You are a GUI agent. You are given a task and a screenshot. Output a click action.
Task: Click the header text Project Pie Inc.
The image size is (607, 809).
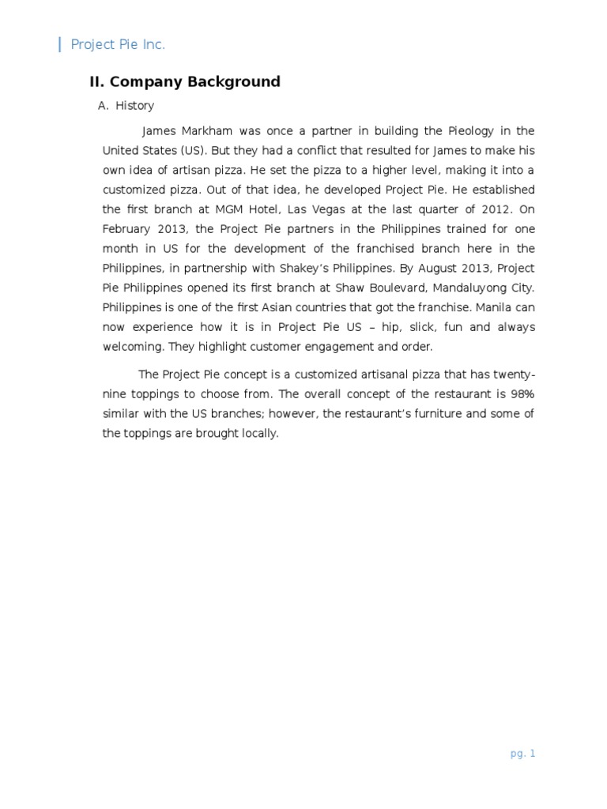point(118,45)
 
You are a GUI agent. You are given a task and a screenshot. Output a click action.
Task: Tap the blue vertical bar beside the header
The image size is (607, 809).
point(60,45)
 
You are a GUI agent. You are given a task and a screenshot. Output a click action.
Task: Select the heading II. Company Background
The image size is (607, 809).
point(184,82)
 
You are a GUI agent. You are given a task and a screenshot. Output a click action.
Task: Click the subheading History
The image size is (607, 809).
point(134,106)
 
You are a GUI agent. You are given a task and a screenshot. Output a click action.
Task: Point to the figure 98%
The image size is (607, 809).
point(519,394)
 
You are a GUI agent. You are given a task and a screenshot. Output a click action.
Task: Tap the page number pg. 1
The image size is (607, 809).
point(522,754)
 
